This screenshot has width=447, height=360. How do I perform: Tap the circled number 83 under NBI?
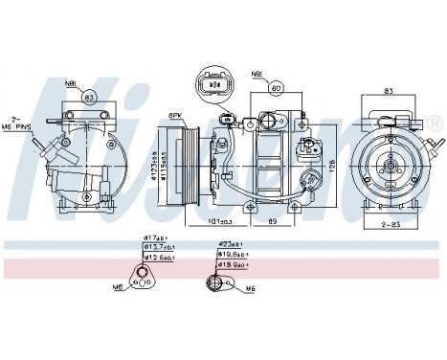87,97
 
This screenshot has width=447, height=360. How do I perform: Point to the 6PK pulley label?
175,116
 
